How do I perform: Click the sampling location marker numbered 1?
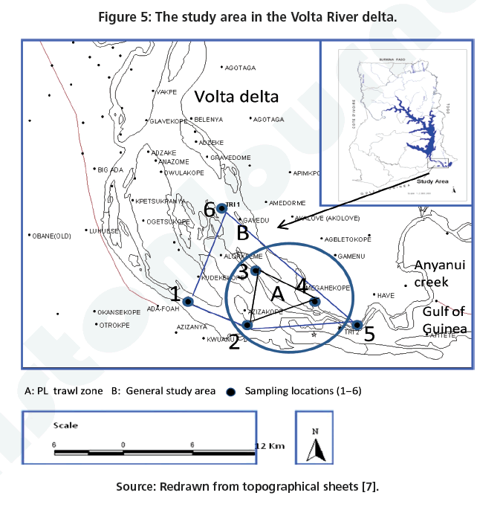(x=189, y=302)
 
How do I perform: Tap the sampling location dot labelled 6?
(x=221, y=209)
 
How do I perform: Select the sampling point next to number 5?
(x=357, y=325)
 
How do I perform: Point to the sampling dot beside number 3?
(x=255, y=270)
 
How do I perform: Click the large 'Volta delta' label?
(x=236, y=97)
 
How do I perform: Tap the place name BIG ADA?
(x=111, y=170)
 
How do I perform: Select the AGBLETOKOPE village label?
(x=347, y=239)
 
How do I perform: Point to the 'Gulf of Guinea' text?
(x=445, y=320)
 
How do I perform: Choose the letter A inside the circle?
(x=275, y=291)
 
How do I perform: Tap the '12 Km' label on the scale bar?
(x=269, y=445)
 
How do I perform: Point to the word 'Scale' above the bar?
(x=65, y=426)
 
